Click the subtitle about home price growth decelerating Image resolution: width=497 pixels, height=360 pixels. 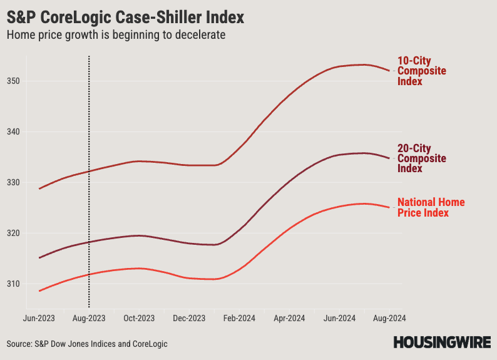click(x=116, y=35)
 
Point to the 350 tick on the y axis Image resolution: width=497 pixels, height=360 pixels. click(x=14, y=81)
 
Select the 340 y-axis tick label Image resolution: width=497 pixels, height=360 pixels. click(x=14, y=132)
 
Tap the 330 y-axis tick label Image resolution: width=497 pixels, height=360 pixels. click(x=14, y=183)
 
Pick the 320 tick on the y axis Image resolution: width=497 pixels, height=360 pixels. click(x=14, y=234)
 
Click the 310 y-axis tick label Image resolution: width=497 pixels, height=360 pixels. click(x=14, y=284)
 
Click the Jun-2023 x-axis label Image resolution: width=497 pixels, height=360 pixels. click(x=39, y=319)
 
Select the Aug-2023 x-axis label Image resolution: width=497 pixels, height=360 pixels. click(x=90, y=319)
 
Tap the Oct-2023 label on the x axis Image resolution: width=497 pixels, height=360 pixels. click(x=139, y=319)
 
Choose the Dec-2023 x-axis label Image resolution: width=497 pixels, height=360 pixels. click(x=189, y=319)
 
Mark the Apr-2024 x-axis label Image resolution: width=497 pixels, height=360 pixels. click(x=289, y=319)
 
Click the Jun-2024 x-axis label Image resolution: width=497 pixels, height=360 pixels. click(x=340, y=319)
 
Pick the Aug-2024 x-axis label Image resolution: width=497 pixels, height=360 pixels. click(x=389, y=319)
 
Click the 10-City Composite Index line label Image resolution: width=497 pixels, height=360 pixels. click(x=421, y=71)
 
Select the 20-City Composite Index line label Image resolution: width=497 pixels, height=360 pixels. click(x=421, y=158)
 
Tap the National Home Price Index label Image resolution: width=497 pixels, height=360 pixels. click(x=431, y=207)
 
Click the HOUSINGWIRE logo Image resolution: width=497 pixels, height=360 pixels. click(x=441, y=342)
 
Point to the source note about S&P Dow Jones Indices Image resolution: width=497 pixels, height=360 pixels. click(x=88, y=344)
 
